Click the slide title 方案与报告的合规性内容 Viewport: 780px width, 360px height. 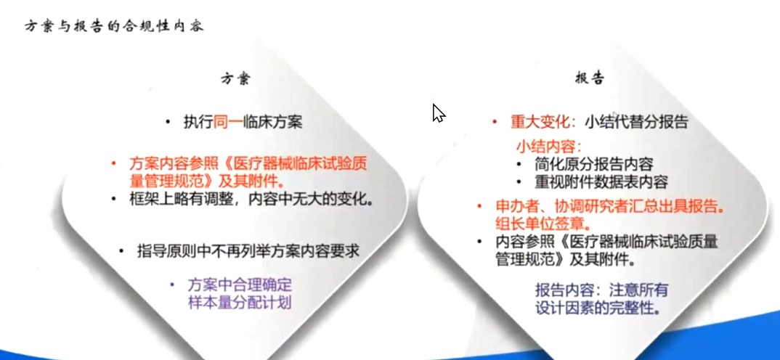[114, 26]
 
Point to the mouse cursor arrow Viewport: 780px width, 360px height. [438, 112]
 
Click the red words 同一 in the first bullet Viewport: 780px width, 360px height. [228, 123]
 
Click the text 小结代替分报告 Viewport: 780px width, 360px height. [636, 123]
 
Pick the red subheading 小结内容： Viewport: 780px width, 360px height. [548, 147]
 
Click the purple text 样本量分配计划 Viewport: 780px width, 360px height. [239, 303]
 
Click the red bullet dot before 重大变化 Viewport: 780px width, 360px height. [495, 122]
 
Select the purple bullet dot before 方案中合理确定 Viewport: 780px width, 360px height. [172, 285]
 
